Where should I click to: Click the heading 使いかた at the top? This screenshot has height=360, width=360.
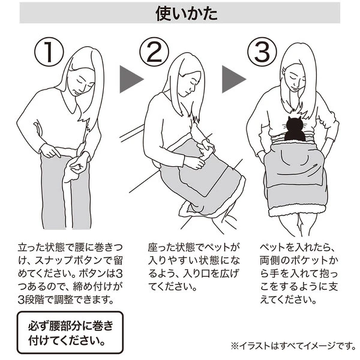(x=187, y=14)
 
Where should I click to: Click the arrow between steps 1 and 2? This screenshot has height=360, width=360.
(x=130, y=79)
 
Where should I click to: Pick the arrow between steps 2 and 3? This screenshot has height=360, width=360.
(x=232, y=79)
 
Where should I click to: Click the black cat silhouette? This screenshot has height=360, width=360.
(x=295, y=129)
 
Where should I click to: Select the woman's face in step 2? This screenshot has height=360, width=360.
(x=190, y=84)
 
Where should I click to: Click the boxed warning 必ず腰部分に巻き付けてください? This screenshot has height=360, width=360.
(x=70, y=332)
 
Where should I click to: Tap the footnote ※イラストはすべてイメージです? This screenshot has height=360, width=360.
(x=293, y=345)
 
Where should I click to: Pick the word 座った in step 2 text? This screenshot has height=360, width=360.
(x=161, y=247)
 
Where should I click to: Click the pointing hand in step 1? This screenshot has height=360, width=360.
(x=50, y=151)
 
